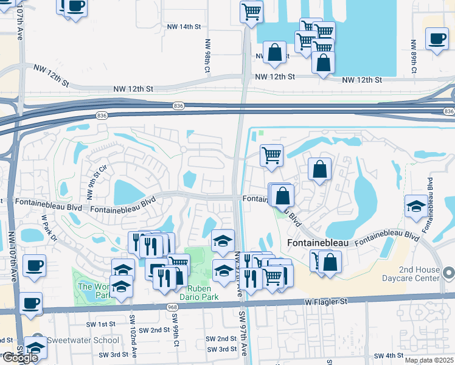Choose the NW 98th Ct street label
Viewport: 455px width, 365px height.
click(207, 57)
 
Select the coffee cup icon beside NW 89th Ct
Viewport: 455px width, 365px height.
click(437, 40)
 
